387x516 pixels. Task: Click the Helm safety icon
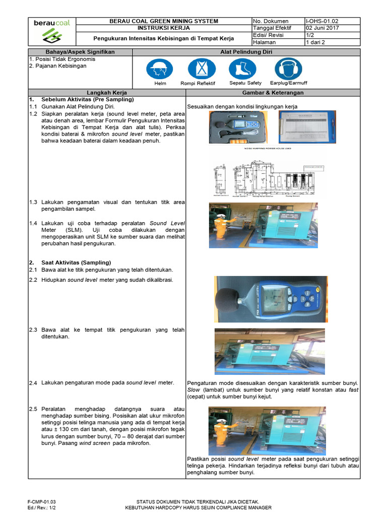pos(160,69)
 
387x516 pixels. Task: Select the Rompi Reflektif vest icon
pos(201,69)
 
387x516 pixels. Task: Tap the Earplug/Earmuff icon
pos(288,69)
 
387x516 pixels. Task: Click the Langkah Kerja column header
pos(107,93)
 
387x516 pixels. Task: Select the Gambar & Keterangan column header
pos(273,93)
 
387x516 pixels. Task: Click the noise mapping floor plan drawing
pos(268,174)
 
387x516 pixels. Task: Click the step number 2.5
pos(33,409)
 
